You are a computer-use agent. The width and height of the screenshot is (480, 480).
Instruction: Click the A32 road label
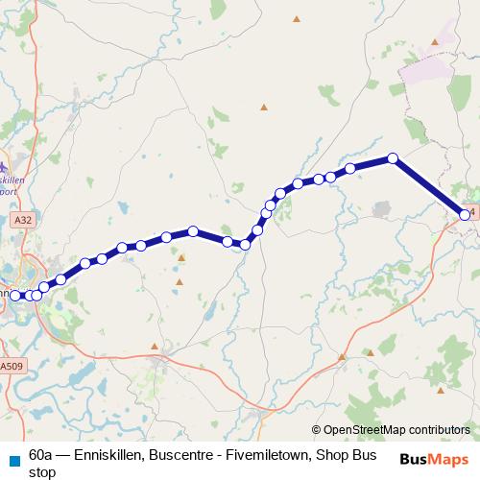coord(23,220)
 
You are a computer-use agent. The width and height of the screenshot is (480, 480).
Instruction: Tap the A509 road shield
coord(11,366)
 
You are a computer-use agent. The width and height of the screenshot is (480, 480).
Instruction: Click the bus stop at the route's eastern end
coord(466,215)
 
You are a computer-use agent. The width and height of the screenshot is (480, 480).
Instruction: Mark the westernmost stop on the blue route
coord(14,295)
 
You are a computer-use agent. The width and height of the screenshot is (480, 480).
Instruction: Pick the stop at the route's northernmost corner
coord(393,158)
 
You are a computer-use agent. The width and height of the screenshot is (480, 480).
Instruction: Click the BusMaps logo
coord(433,459)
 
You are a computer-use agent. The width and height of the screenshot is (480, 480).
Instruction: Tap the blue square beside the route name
coord(13,455)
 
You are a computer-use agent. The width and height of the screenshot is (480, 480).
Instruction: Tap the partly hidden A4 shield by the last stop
coord(471,211)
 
